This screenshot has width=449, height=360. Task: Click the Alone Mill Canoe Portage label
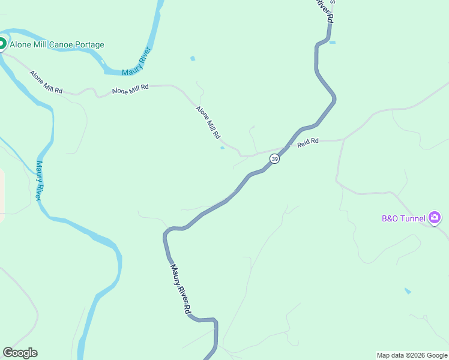click(x=56, y=45)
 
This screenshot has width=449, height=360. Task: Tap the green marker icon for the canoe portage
click(x=2, y=43)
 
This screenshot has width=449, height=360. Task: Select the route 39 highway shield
click(x=274, y=158)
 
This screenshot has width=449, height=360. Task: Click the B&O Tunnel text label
click(x=403, y=218)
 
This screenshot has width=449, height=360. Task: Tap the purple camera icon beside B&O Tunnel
click(x=435, y=218)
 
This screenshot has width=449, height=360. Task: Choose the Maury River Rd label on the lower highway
click(x=181, y=290)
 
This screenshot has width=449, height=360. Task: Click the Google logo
click(x=20, y=353)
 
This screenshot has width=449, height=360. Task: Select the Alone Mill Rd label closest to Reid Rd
click(x=208, y=122)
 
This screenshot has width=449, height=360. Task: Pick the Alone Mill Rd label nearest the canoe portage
click(x=46, y=82)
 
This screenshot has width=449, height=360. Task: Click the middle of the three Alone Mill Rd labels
click(x=130, y=89)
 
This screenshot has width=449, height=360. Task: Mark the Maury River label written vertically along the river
click(x=39, y=180)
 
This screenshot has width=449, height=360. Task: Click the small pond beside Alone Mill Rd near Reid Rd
click(x=223, y=148)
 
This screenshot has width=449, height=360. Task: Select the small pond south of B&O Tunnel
click(x=408, y=291)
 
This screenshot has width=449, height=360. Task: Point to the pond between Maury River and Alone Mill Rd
click(x=192, y=59)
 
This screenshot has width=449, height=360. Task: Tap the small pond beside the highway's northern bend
click(x=333, y=42)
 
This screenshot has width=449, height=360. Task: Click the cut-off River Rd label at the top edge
click(x=323, y=11)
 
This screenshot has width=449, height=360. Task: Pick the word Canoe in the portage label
click(x=62, y=45)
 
